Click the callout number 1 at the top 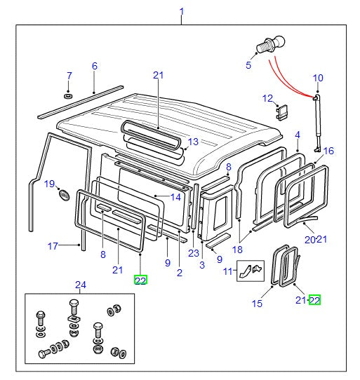pos(182,11)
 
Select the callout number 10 pos(318,77)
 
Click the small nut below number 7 pos(69,94)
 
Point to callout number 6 pos(94,66)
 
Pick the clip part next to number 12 pos(284,111)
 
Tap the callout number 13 pos(192,141)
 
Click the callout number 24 pos(79,284)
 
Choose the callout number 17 pos(52,245)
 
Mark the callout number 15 pos(256,303)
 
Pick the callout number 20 pos(309,239)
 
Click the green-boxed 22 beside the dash pos(314,300)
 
